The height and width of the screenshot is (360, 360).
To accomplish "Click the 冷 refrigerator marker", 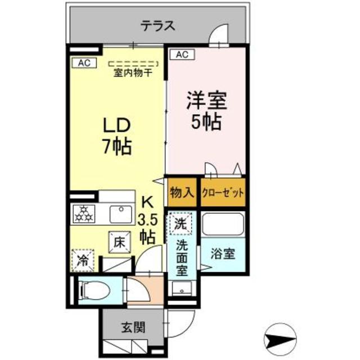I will pos(82,260).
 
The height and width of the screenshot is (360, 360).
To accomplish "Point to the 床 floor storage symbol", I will pos(119,242).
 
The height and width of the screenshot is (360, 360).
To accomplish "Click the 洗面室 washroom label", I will pos(181,257).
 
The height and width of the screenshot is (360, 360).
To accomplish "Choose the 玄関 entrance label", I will pos(134,327).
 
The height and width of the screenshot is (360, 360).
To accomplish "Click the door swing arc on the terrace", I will pos(217,37).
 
